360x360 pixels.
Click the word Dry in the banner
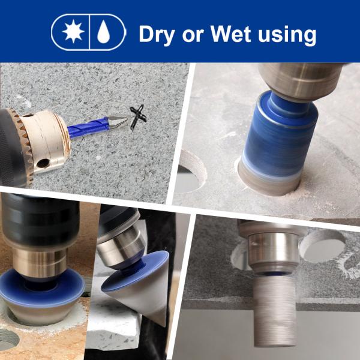coord(157,34)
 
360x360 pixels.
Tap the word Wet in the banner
coord(230,34)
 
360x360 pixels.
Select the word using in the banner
coord(287,35)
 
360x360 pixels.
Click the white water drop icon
coord(103,32)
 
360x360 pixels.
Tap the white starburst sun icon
coord(73,31)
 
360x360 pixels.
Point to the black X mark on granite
coord(138,117)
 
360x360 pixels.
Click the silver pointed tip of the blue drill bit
coord(118,122)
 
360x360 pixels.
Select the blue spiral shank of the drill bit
coord(88,128)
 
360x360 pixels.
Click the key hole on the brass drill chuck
coord(43,163)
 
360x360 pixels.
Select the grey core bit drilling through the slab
coord(274,311)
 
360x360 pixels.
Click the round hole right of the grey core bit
coord(323,245)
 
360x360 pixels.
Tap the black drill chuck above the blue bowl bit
coord(40,220)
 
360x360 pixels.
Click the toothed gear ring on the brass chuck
coord(20,147)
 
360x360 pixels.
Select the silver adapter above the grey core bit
coord(274,253)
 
